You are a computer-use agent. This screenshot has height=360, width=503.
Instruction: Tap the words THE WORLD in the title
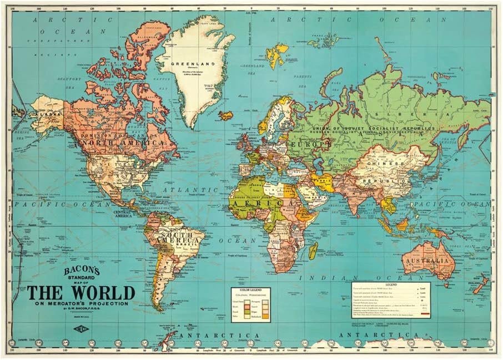(x=81, y=292)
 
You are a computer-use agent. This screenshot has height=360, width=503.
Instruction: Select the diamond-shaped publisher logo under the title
(x=82, y=323)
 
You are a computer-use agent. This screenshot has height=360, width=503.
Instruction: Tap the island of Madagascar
(x=313, y=251)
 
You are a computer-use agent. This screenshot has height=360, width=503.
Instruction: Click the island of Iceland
(x=226, y=115)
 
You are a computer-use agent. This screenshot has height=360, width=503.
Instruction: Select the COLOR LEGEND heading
(x=249, y=289)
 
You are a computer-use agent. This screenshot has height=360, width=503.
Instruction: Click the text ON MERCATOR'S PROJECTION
(x=81, y=303)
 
